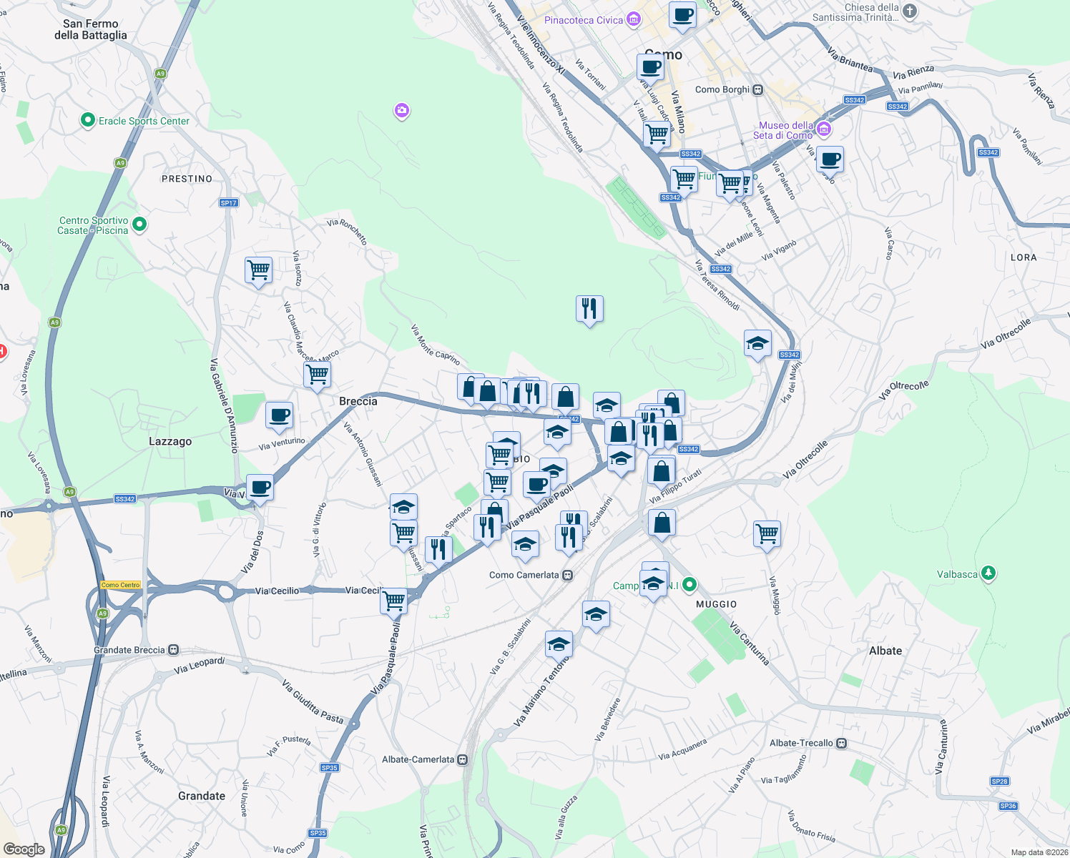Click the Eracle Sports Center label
pos(144,121)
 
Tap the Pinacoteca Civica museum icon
pos(634,19)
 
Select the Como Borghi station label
pos(722,89)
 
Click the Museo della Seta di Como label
pos(783,130)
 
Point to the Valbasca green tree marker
pos(988,573)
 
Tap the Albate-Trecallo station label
pos(801,743)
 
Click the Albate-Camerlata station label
pos(418,759)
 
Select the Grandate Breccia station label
pos(129,650)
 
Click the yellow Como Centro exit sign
pos(121,585)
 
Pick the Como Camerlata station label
pos(524,575)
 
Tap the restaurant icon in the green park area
pos(589,308)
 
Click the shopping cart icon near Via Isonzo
pos(258,270)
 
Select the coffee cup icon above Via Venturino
pos(279,415)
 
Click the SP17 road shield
pos(229,203)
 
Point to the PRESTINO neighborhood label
pos(187,179)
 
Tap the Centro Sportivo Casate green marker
pos(140,225)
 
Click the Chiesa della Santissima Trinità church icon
pos(910,11)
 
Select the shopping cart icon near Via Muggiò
pos(767,533)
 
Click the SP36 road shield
pos(1008,806)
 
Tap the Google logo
pos(24,849)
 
